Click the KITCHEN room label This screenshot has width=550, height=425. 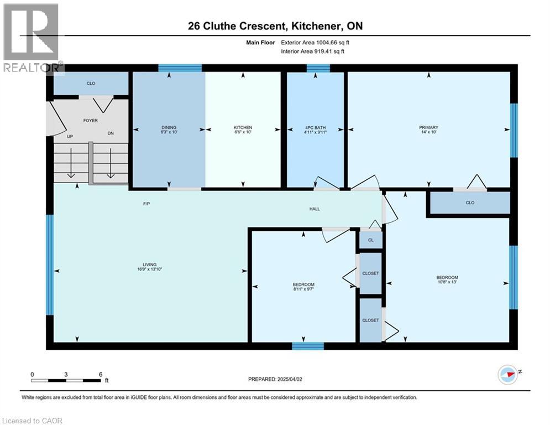click(x=243, y=127)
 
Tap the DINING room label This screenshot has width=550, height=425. click(x=169, y=127)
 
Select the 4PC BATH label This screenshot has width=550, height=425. click(x=315, y=127)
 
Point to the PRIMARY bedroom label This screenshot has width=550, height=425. click(x=428, y=127)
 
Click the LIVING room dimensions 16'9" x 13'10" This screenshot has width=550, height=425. click(x=149, y=269)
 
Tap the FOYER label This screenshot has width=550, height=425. click(x=91, y=121)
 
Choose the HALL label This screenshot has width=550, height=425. click(x=315, y=209)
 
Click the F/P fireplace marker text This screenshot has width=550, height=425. click(x=146, y=204)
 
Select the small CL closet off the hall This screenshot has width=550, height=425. click(x=371, y=240)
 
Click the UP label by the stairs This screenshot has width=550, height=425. click(x=70, y=136)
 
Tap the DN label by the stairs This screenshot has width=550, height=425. click(x=111, y=133)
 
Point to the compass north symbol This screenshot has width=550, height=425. click(x=508, y=375)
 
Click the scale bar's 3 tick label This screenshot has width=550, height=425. click(x=66, y=375)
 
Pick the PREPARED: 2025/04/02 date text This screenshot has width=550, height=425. click(x=275, y=379)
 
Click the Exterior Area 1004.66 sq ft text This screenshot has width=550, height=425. click(x=315, y=43)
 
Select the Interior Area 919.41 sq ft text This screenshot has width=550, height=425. click(x=312, y=51)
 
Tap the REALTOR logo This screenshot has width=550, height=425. click(x=32, y=38)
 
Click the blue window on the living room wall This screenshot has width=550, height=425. click(x=50, y=265)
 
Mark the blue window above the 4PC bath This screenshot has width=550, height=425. click(x=318, y=68)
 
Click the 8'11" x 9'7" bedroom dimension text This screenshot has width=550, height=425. click(x=303, y=289)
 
